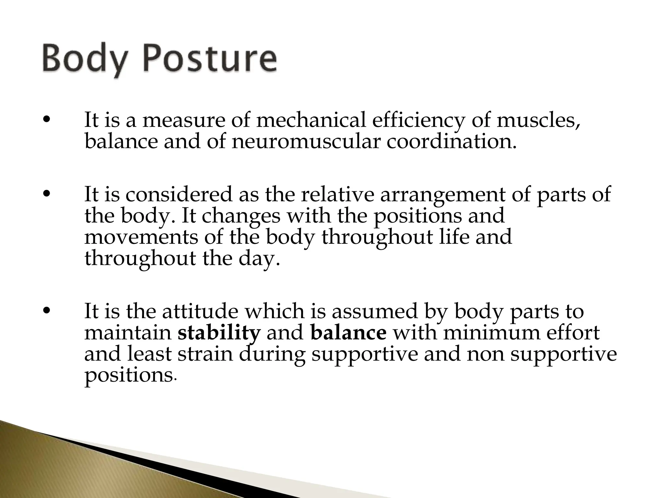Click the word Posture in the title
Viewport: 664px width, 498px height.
click(x=210, y=60)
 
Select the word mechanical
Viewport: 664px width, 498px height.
click(x=311, y=120)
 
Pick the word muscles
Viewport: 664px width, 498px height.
click(x=538, y=120)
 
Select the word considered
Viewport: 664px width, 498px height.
click(x=179, y=194)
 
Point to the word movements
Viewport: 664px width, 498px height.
click(x=141, y=237)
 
